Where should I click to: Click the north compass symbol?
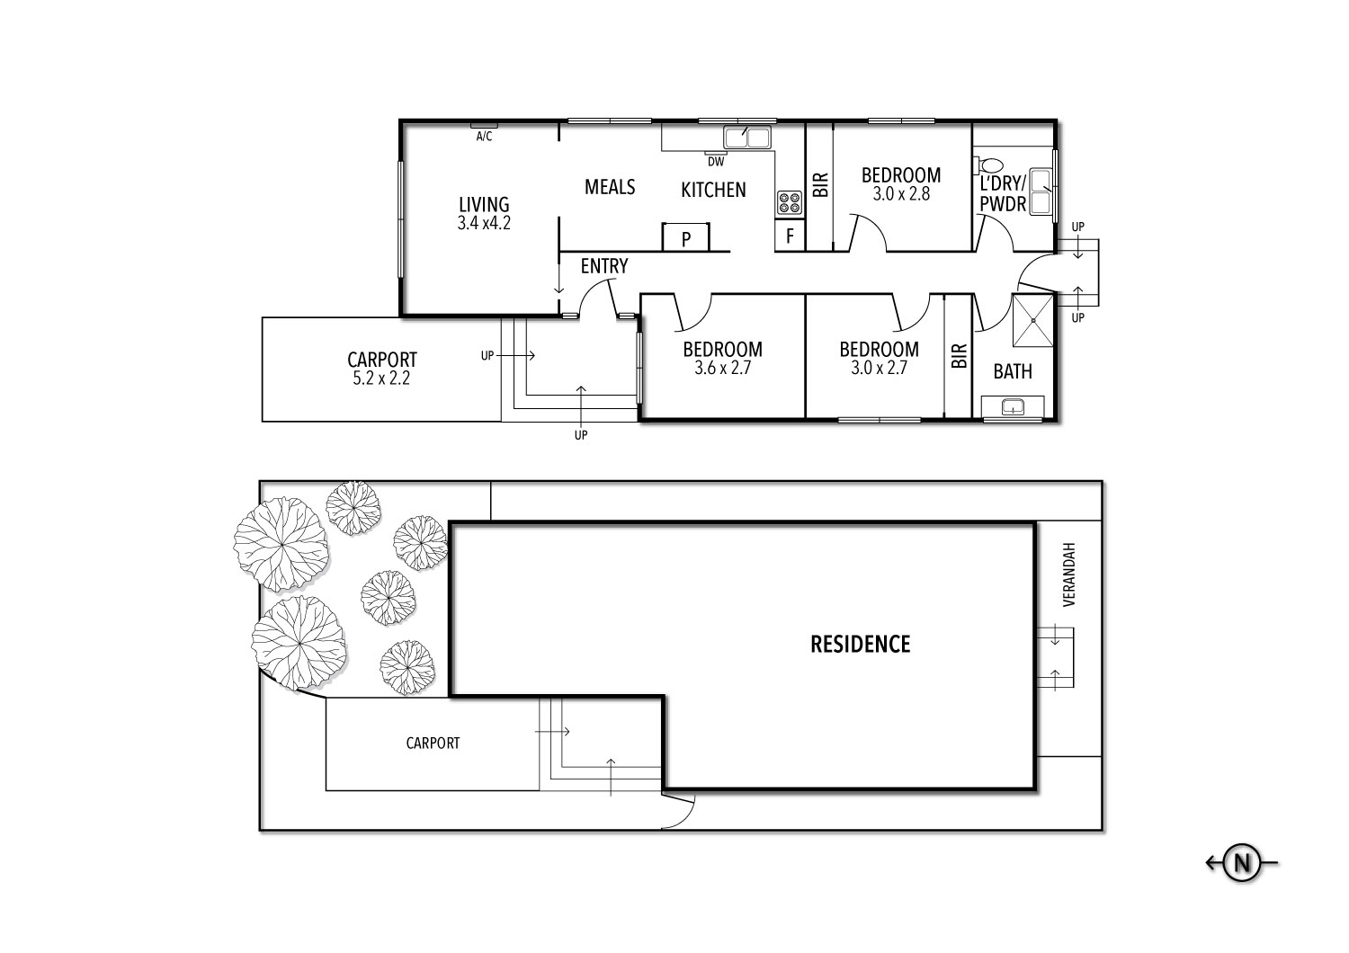point(1242,863)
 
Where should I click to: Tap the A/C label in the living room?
point(484,136)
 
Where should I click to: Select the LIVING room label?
point(484,205)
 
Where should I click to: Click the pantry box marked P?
point(686,239)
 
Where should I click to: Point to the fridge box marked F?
point(790,237)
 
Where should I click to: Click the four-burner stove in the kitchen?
point(789,203)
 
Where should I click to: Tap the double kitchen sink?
point(747,138)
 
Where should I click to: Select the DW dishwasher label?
point(715,163)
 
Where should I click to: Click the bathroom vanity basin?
point(1013,407)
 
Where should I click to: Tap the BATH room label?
point(1013,371)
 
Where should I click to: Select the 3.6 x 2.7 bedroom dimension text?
point(722,368)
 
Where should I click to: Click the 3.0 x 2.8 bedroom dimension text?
point(901,193)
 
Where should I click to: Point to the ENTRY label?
point(603,266)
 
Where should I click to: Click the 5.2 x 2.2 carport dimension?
point(382,379)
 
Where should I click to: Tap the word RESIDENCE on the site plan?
point(861,645)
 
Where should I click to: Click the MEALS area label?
point(610,186)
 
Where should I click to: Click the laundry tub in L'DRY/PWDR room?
point(1041,191)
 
